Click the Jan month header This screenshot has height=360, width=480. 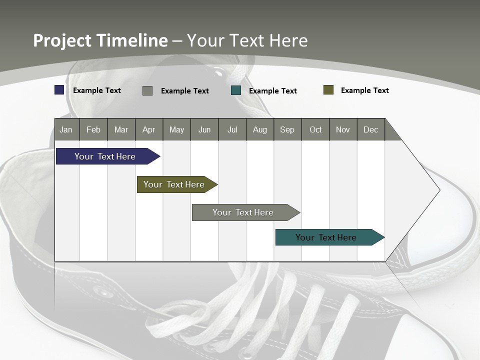click(66, 129)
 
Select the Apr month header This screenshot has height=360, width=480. click(149, 129)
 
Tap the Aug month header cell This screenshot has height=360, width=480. click(260, 129)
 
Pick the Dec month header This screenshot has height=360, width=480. click(371, 129)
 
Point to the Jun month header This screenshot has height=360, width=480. click(204, 129)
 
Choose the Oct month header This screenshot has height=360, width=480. click(315, 129)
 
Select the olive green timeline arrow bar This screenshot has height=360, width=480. click(175, 184)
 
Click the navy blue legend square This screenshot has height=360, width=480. click(59, 90)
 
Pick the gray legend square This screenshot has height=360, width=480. click(147, 90)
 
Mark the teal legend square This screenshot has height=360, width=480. click(236, 90)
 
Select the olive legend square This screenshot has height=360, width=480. click(328, 90)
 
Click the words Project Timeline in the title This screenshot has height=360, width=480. click(100, 40)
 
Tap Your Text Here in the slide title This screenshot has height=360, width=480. click(247, 40)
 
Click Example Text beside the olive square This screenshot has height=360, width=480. click(364, 90)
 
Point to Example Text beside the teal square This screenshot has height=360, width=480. click(272, 91)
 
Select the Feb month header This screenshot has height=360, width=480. click(93, 129)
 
